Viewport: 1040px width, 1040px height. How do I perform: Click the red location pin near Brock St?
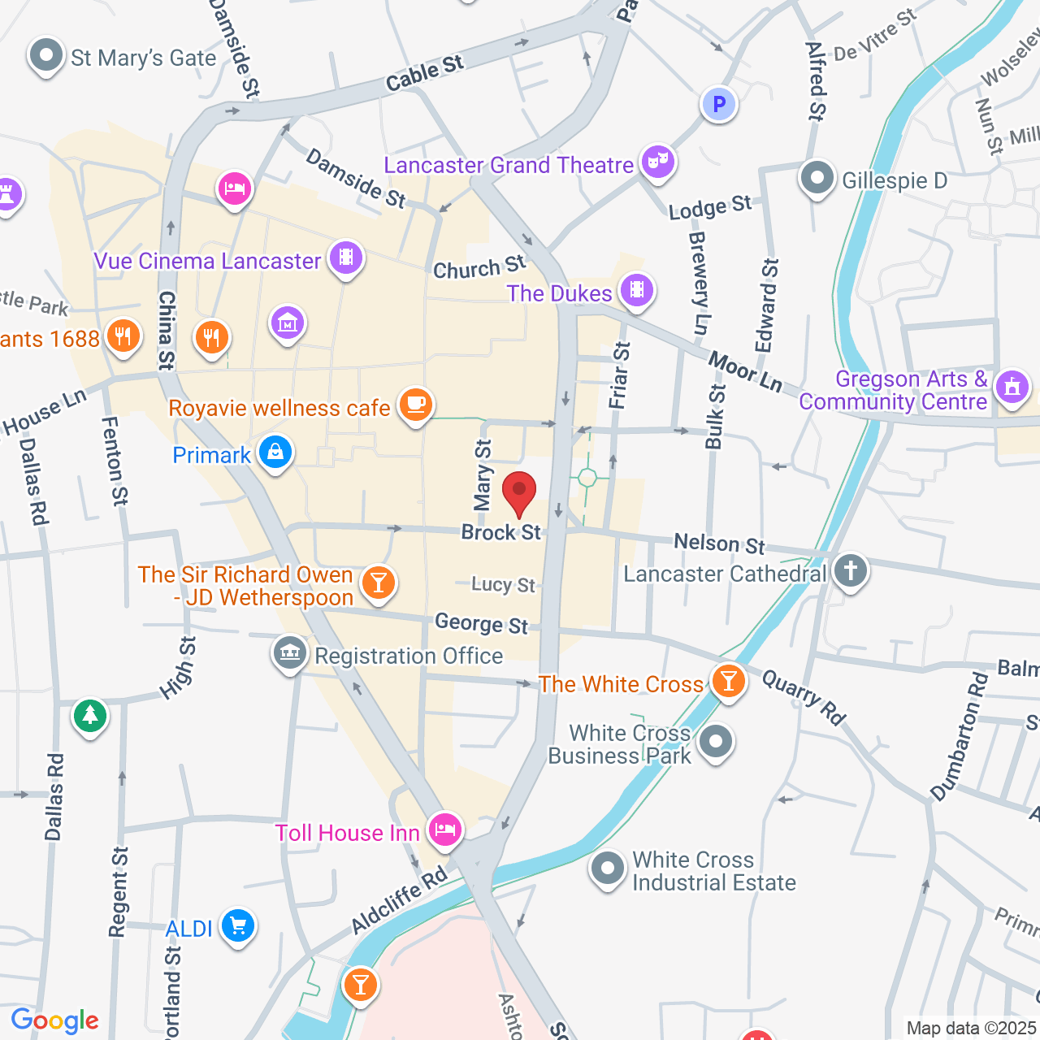pyautogui.click(x=519, y=492)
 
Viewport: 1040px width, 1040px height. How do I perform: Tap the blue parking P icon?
pyautogui.click(x=718, y=104)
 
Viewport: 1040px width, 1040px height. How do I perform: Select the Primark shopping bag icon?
pyautogui.click(x=275, y=453)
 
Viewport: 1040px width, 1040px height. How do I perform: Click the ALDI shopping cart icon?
pyautogui.click(x=238, y=926)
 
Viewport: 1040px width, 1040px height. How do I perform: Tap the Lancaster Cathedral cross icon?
pyautogui.click(x=851, y=571)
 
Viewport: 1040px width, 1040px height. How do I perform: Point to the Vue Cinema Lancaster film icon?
pyautogui.click(x=347, y=258)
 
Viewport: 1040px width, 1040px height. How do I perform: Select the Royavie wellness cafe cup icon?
pyautogui.click(x=416, y=405)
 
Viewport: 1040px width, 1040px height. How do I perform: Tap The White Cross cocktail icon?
pyautogui.click(x=728, y=681)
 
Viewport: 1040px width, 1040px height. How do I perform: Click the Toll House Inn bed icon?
pyautogui.click(x=445, y=830)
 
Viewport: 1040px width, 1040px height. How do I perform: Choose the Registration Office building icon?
pyautogui.click(x=290, y=653)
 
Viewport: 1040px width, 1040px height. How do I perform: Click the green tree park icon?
pyautogui.click(x=90, y=716)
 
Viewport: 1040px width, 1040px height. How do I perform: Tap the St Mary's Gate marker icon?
pyautogui.click(x=45, y=56)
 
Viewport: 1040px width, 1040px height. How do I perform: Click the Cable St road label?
pyautogui.click(x=424, y=74)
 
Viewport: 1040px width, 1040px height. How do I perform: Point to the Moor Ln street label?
pyautogui.click(x=745, y=371)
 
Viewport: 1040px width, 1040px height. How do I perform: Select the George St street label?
pyautogui.click(x=481, y=624)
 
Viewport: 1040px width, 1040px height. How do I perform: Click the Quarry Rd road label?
pyautogui.click(x=804, y=697)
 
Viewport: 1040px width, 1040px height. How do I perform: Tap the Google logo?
pyautogui.click(x=55, y=1020)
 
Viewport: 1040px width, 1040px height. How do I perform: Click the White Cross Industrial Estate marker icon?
pyautogui.click(x=607, y=869)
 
